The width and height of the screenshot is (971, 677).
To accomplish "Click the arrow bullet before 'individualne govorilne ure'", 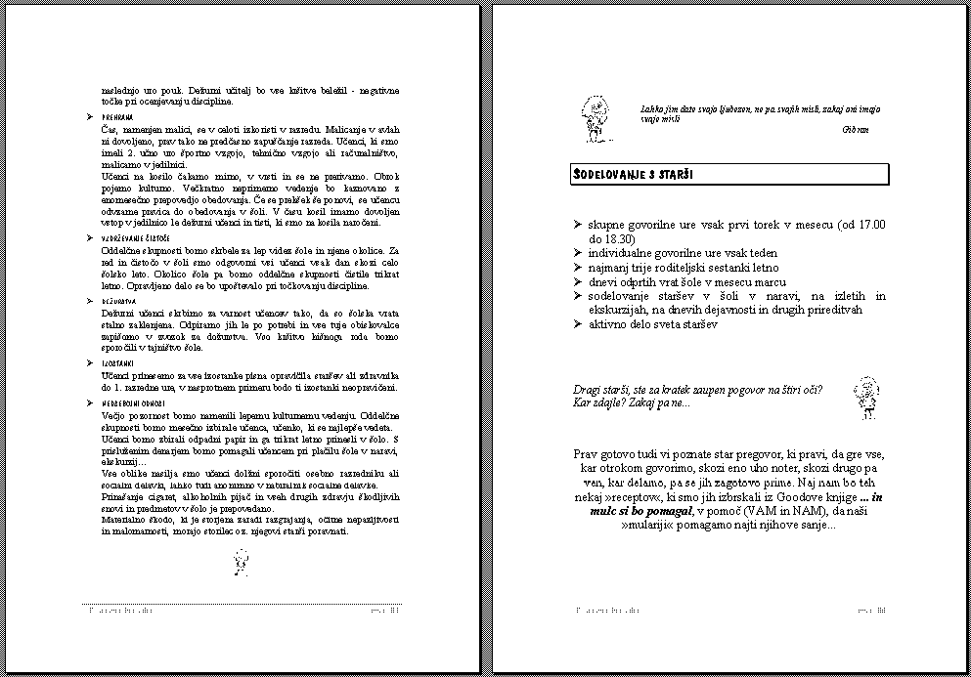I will coord(579,253).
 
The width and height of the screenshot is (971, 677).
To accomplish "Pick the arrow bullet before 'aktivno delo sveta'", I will coord(579,323).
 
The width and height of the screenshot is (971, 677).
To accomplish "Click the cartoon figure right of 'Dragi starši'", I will coord(863,398).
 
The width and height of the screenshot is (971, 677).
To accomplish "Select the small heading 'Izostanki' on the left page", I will coord(118,362).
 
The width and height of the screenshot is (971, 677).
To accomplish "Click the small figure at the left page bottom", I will coord(241,561).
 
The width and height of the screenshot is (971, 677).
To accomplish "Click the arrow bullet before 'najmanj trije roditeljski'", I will coord(579,268).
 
